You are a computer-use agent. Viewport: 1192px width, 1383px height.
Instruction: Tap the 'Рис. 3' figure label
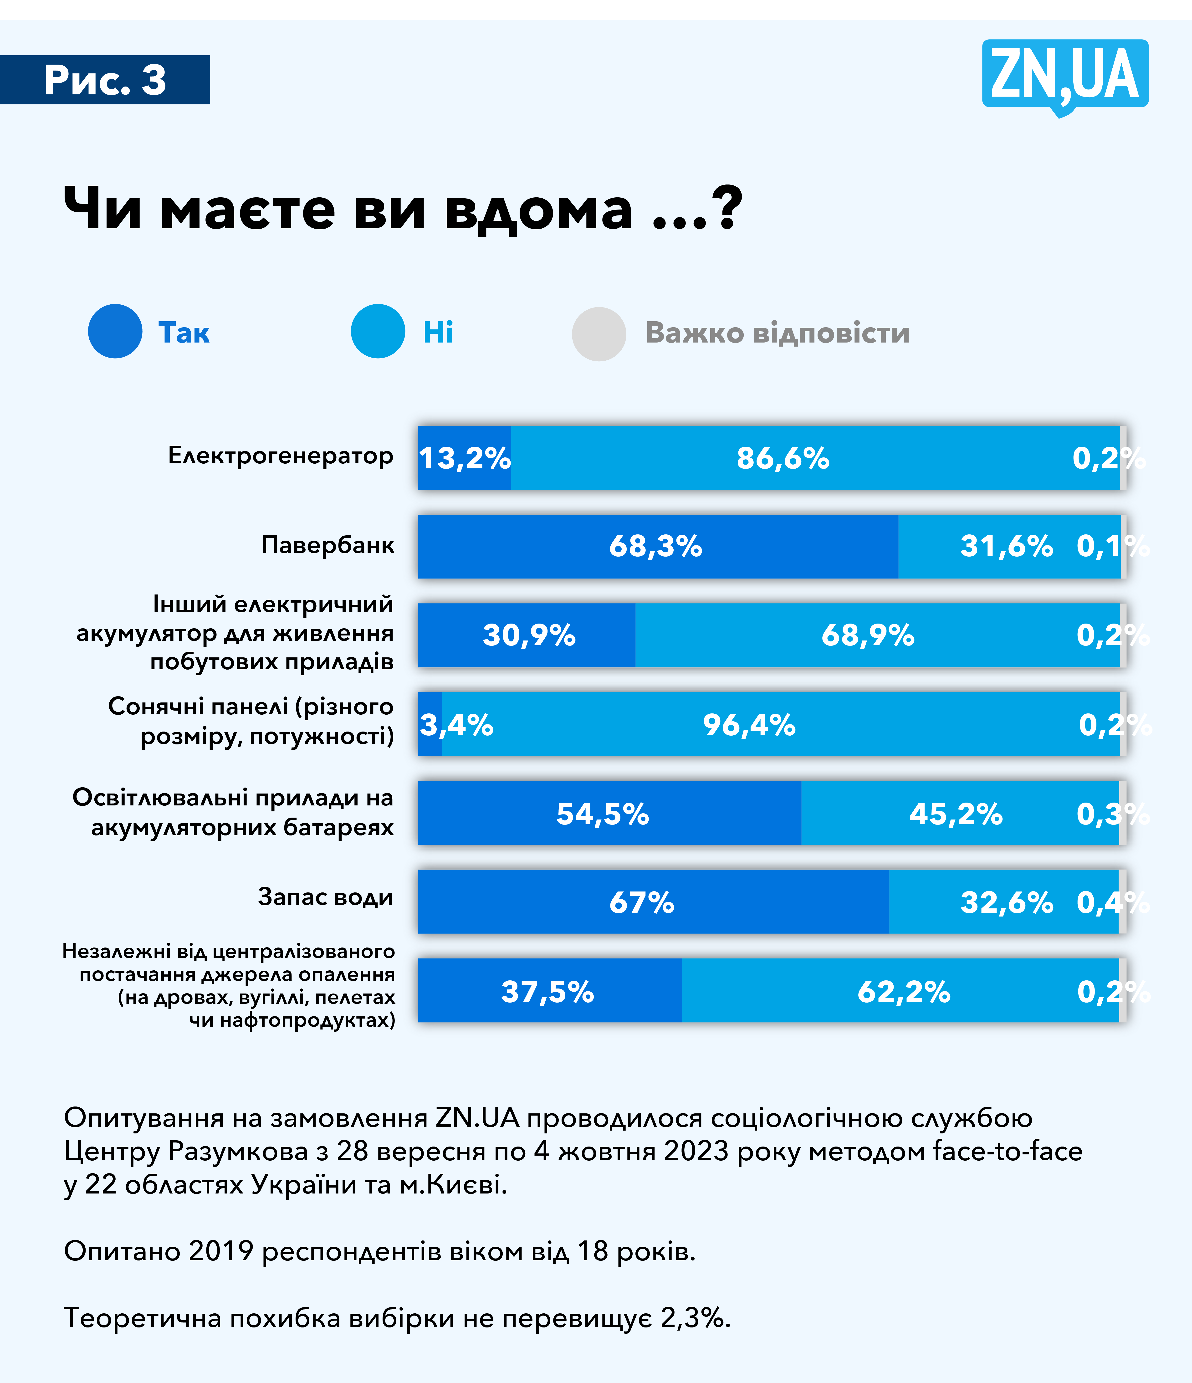click(x=105, y=80)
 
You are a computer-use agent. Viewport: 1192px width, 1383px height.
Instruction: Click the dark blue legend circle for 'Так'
click(x=115, y=331)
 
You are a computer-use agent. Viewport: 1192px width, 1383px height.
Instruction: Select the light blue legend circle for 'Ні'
click(x=378, y=331)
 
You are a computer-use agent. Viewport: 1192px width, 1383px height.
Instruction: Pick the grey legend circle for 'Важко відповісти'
click(x=599, y=334)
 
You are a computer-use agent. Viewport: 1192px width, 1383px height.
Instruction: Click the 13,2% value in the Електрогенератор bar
click(x=465, y=459)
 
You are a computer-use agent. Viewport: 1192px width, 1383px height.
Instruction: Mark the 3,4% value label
click(x=456, y=725)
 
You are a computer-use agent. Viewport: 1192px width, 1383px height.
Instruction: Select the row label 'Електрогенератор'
click(x=280, y=456)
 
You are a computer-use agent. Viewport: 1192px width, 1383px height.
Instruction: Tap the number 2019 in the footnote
click(x=220, y=1251)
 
